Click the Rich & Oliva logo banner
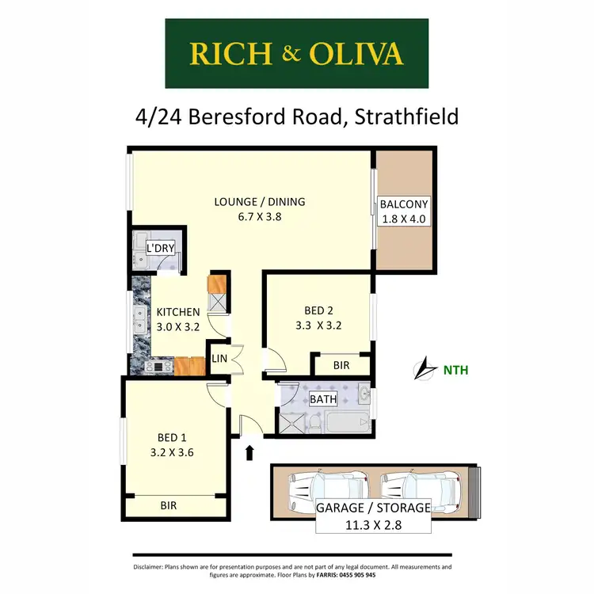[296, 53]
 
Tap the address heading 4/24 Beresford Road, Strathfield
[297, 118]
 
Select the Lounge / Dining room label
[259, 210]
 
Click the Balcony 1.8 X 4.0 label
[404, 211]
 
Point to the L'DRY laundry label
[160, 249]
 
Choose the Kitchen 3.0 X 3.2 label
[177, 318]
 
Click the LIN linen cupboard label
[219, 359]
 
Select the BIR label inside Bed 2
[341, 365]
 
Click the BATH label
[322, 399]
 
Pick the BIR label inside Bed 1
[169, 503]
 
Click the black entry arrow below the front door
[250, 452]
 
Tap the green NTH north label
[455, 369]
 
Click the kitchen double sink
[138, 321]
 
